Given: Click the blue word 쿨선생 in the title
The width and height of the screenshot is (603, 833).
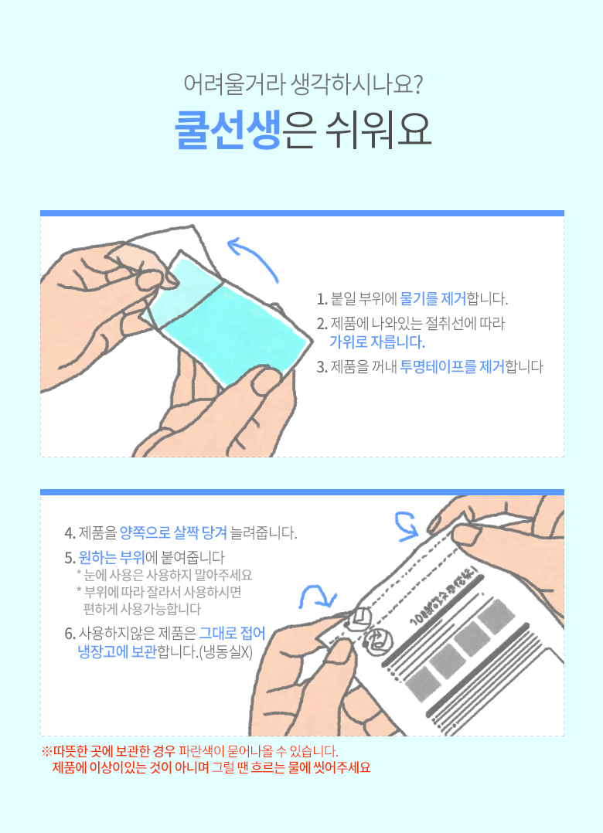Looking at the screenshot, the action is pyautogui.click(x=228, y=130).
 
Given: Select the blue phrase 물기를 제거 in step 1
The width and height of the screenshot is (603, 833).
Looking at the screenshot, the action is pyautogui.click(x=433, y=298).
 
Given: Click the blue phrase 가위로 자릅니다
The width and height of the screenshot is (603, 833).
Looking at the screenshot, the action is pyautogui.click(x=377, y=342).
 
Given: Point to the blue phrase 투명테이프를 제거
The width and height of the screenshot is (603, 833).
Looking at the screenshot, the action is pyautogui.click(x=452, y=366).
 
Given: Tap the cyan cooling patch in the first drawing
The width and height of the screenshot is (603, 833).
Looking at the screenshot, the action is pyautogui.click(x=230, y=318).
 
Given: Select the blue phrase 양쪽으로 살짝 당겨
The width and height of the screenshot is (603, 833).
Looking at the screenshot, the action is pyautogui.click(x=174, y=532).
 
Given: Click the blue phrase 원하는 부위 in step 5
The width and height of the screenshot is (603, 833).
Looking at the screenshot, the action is pyautogui.click(x=111, y=557).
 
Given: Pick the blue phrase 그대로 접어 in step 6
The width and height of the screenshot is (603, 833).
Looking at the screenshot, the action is pyautogui.click(x=232, y=634).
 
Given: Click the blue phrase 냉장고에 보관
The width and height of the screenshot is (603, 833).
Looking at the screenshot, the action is pyautogui.click(x=117, y=652).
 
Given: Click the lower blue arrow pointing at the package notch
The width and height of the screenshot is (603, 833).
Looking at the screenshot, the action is pyautogui.click(x=318, y=597).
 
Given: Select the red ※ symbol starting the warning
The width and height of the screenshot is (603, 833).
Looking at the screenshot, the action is pyautogui.click(x=46, y=752).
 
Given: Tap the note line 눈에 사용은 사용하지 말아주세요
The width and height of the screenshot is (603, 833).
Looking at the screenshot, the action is pyautogui.click(x=164, y=575).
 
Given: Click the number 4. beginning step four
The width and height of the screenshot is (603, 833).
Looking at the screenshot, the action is pyautogui.click(x=70, y=533).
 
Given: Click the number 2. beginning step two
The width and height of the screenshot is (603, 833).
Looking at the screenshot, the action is pyautogui.click(x=322, y=324).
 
